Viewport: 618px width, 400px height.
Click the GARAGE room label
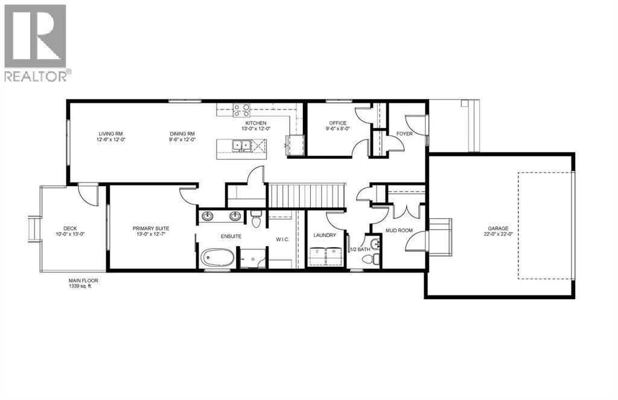point(499,228)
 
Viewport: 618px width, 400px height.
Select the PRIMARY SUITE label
point(151,228)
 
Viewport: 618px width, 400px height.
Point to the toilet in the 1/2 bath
point(369,259)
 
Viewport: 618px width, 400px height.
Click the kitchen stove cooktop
point(241,110)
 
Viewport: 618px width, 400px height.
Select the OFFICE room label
point(337,123)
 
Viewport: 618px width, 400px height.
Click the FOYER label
point(404,134)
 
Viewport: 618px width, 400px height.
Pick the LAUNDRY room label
point(324,235)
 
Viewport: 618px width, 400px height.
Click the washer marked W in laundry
point(333,254)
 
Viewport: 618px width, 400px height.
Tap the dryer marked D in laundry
point(317,254)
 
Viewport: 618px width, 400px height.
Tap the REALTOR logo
point(36,42)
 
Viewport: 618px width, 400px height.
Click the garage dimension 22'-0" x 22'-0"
point(499,234)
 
